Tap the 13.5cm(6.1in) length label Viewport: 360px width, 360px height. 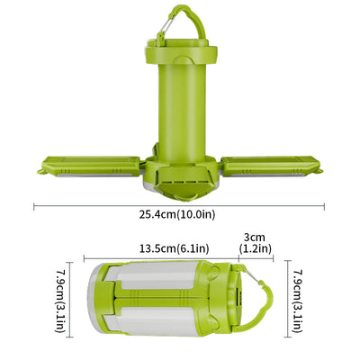(174, 248)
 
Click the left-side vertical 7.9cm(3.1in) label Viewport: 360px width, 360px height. (60, 300)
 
